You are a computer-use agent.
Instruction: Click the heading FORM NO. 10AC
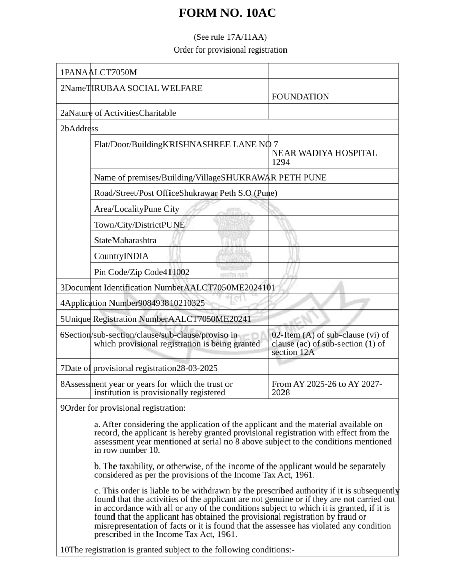227,14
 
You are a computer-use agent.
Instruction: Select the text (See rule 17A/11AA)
230,37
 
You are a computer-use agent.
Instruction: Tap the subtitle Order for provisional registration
230,50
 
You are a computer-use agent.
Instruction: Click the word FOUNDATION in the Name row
300,97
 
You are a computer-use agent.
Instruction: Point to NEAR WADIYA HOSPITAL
324,153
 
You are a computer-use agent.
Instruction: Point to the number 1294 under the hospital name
281,162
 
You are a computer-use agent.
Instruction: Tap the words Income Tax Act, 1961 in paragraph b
275,475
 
